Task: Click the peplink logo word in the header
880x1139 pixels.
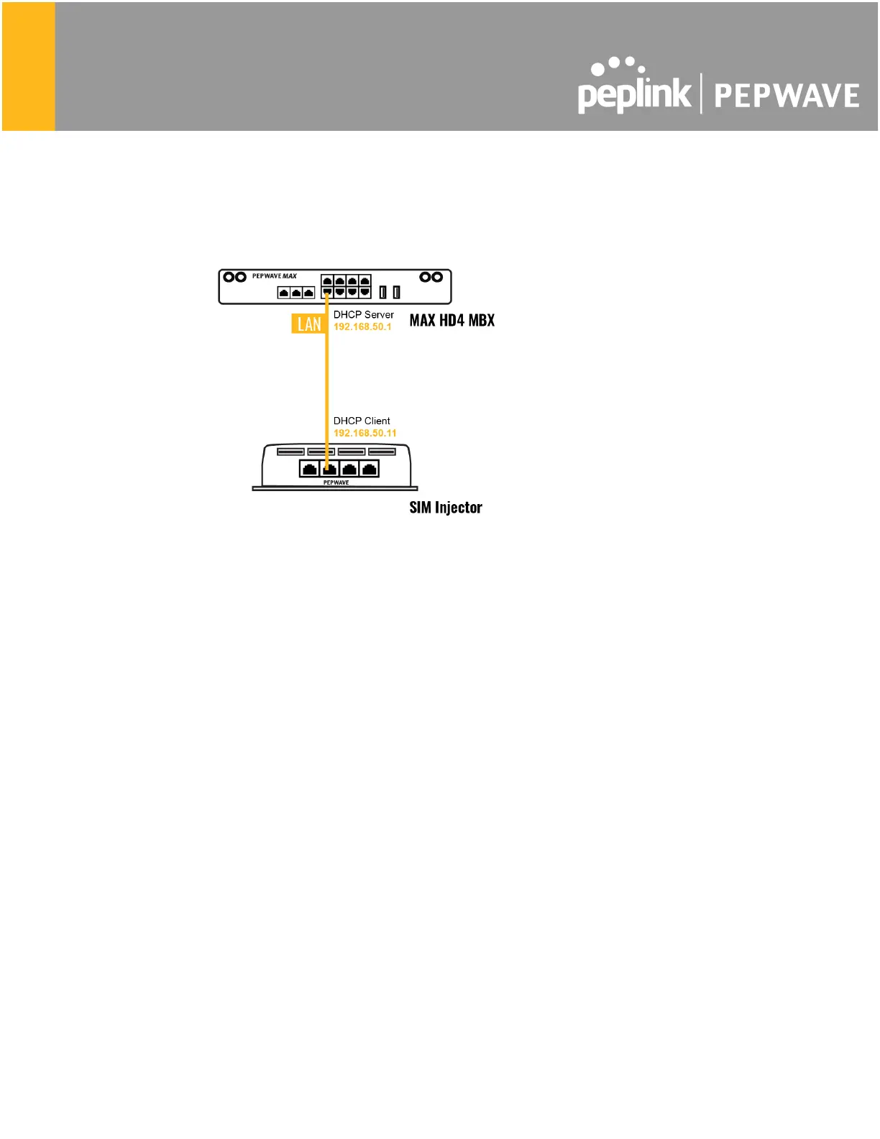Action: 633,93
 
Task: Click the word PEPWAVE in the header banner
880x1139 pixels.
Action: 787,96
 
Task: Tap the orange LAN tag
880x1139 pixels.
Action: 309,324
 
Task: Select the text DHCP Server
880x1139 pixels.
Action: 363,315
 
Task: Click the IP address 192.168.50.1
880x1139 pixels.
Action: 362,327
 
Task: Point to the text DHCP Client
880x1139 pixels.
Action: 362,421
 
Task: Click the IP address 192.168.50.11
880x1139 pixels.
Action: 365,433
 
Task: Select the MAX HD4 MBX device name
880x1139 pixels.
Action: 452,321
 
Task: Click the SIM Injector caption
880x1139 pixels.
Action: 445,508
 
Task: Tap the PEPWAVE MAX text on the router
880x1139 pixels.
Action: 274,276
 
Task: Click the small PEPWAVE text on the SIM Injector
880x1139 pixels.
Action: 336,482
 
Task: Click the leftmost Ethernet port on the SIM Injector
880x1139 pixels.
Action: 309,469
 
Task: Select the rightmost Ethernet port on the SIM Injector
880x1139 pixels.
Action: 369,469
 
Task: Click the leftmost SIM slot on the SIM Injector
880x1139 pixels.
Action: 290,452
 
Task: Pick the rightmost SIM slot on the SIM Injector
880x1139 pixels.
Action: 382,452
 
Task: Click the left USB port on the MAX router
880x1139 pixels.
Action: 382,292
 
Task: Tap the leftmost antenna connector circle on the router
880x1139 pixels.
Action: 229,277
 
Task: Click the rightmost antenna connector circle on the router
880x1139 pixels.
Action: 436,277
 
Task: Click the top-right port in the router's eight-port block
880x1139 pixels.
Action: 365,282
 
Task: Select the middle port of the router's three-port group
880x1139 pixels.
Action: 296,293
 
